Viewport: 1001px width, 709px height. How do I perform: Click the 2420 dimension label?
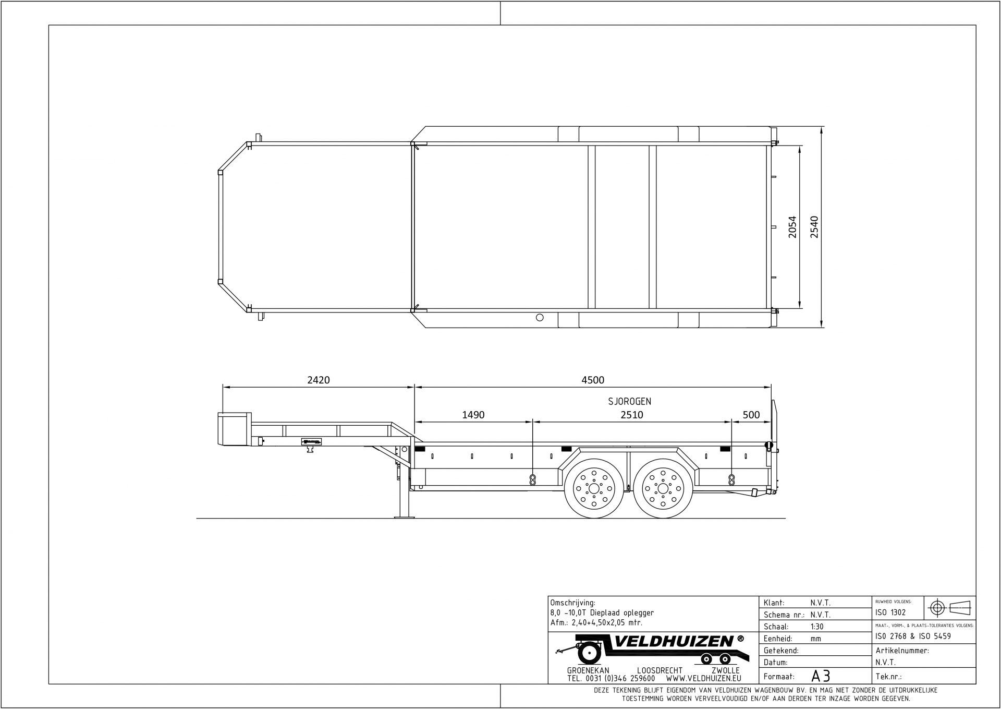pos(318,380)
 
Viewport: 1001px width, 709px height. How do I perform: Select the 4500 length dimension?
pos(592,380)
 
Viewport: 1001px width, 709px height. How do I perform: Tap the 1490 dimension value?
pos(473,415)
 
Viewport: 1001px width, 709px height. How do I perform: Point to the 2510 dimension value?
pos(631,415)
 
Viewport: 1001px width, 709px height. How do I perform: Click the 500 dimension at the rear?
pos(751,415)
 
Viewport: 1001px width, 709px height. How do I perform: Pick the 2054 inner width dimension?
pos(792,227)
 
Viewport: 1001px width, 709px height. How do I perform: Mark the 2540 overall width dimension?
pos(814,227)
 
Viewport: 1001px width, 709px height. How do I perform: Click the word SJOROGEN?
pos(629,401)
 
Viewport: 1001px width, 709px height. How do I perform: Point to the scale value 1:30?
pos(817,627)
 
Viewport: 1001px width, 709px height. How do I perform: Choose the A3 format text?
pos(821,676)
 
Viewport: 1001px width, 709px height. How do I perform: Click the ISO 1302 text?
pos(890,612)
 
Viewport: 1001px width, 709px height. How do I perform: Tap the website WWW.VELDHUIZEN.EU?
pos(703,679)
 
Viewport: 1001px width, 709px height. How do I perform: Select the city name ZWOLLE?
pos(725,670)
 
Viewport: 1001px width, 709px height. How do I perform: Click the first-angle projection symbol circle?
pos(937,608)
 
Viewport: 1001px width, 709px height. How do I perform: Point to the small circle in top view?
pos(540,317)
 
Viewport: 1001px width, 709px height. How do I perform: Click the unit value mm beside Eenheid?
pos(815,639)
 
